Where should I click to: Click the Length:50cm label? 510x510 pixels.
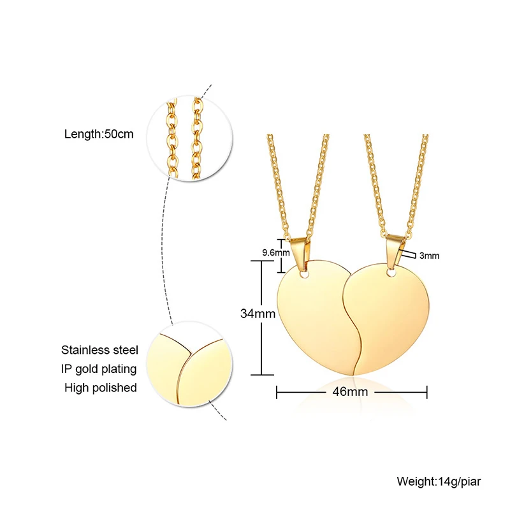99,135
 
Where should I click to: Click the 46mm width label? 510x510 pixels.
351,391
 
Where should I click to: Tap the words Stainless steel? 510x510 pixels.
99,349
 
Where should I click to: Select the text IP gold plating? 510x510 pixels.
99,368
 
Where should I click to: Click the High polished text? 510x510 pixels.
101,388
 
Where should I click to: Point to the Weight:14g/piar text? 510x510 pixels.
439,481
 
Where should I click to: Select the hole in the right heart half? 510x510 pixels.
390,274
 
